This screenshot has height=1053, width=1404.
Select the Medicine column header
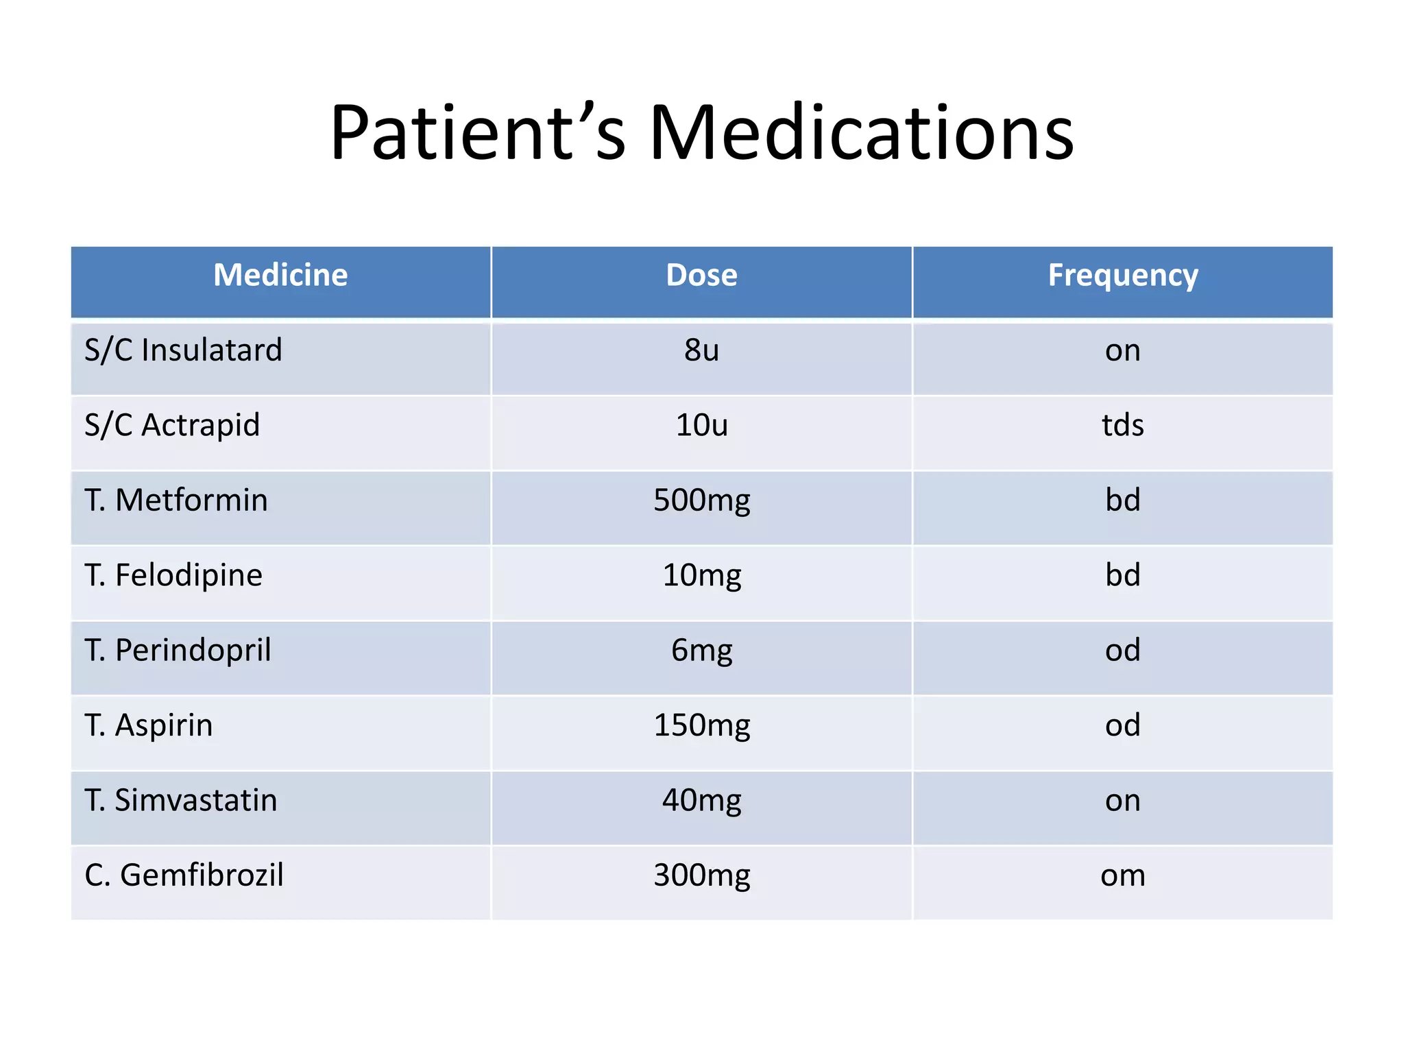tap(280, 276)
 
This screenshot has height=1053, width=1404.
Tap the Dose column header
tap(701, 276)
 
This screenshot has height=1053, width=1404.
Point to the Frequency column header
tap(1122, 276)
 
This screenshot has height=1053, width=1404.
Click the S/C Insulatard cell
tap(183, 350)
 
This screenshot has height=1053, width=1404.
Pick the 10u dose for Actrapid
tap(701, 425)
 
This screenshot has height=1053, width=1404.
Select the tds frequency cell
tap(1122, 425)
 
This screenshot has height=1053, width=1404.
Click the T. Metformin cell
tap(175, 500)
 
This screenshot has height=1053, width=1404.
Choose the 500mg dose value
tap(701, 500)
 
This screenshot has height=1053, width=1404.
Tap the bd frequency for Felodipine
tap(1122, 575)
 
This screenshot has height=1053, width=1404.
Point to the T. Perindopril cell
tap(178, 650)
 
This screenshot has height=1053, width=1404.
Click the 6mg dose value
tap(701, 650)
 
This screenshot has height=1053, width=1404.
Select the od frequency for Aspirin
tap(1122, 725)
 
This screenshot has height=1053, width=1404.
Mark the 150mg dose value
tap(701, 725)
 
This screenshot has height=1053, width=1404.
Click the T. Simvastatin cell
tap(180, 800)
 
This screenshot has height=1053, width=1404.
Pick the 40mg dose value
tap(701, 800)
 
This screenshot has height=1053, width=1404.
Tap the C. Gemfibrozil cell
tap(184, 875)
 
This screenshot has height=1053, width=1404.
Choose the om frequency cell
tap(1122, 875)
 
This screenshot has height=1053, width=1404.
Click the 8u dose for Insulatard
tap(701, 350)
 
